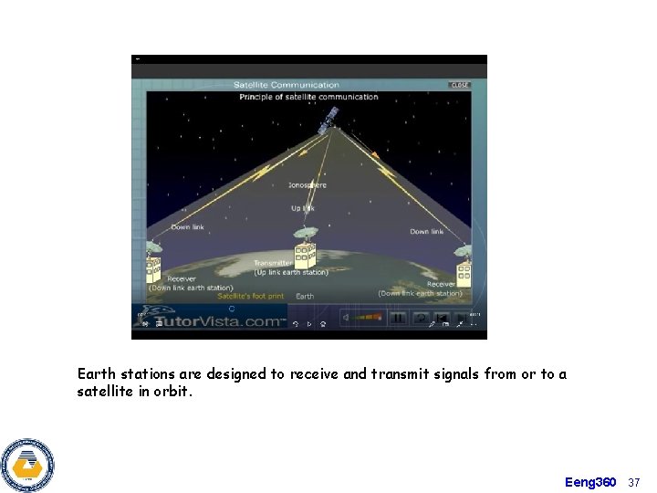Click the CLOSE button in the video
[x=459, y=85]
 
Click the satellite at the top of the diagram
[x=328, y=120]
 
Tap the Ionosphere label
[x=307, y=185]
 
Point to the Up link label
[x=302, y=208]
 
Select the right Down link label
[x=426, y=232]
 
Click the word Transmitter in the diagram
[x=273, y=264]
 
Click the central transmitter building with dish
[x=305, y=248]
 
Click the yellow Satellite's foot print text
[x=250, y=296]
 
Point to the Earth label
[x=305, y=296]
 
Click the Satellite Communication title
[x=287, y=86]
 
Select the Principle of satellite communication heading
[x=308, y=97]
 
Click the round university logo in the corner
[x=27, y=466]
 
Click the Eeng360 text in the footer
[x=590, y=481]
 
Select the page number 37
[x=635, y=481]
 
